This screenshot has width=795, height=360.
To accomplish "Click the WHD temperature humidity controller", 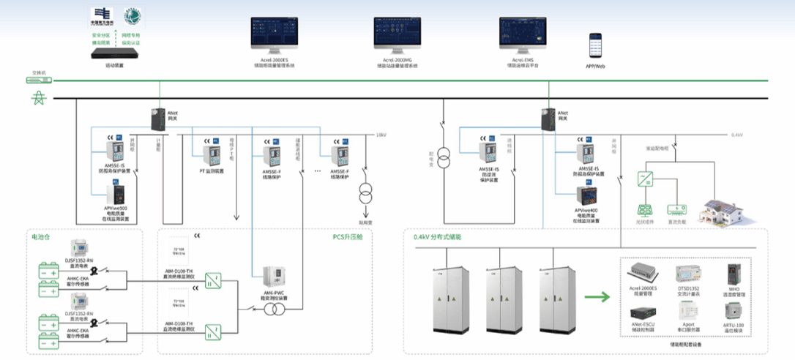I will pyautogui.click(x=734, y=275).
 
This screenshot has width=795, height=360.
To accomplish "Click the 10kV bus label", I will pyautogui.click(x=380, y=135).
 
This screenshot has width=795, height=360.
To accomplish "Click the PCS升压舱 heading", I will pyautogui.click(x=348, y=237).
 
